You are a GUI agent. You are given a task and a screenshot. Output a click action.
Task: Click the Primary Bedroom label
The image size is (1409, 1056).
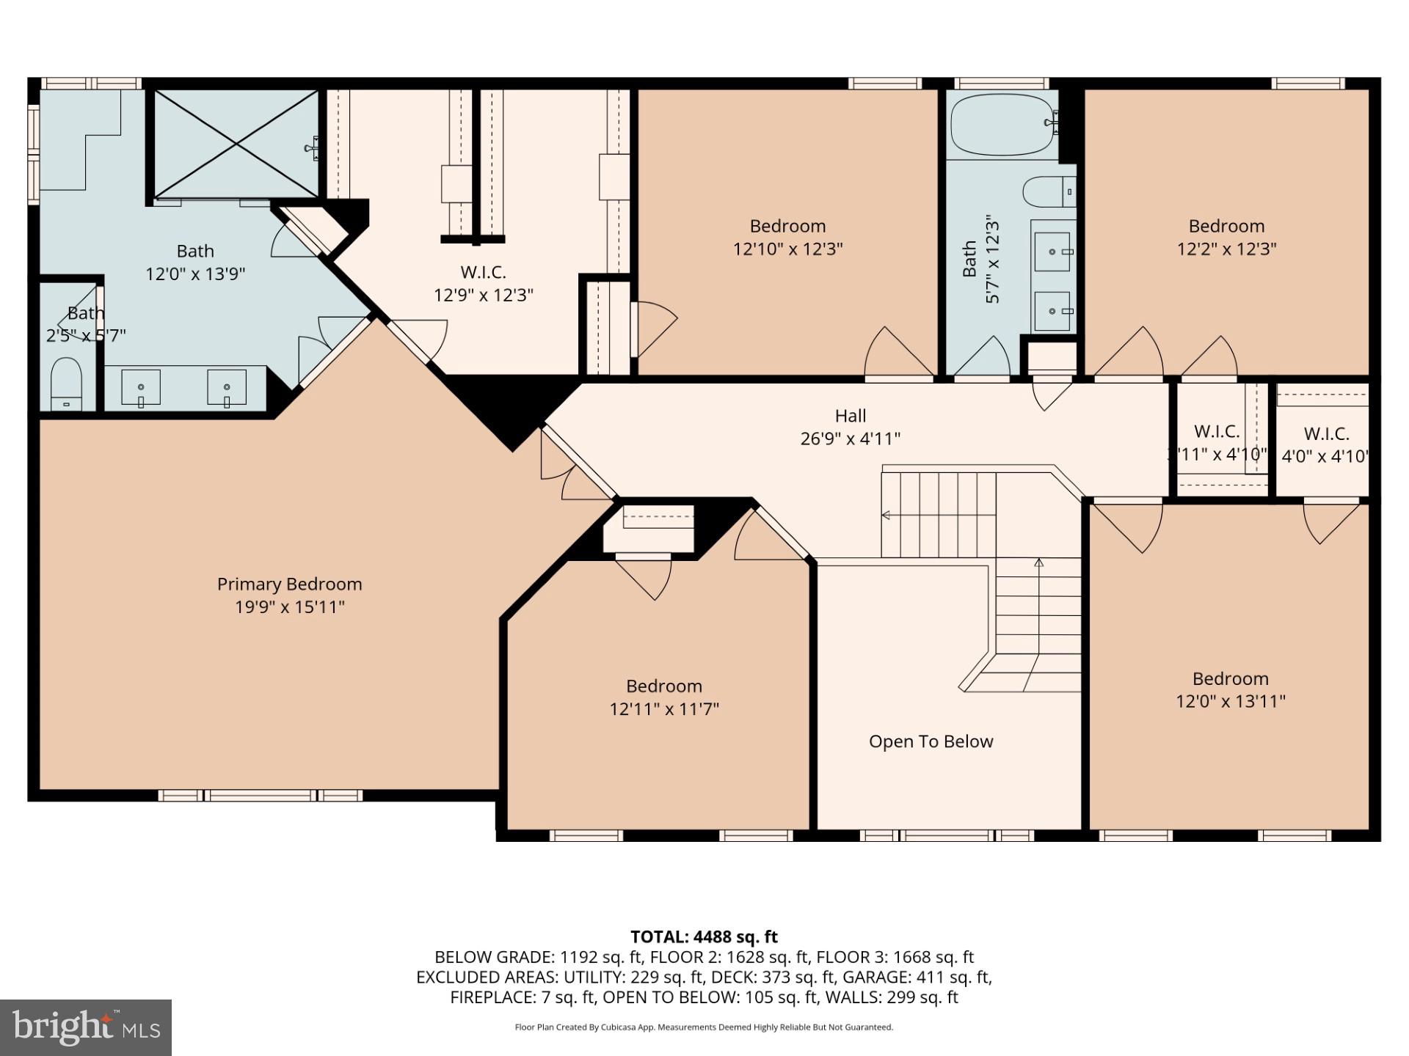tap(289, 584)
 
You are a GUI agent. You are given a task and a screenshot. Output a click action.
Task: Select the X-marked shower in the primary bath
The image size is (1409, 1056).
tap(236, 144)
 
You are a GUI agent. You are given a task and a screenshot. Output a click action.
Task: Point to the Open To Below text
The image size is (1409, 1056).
tap(931, 741)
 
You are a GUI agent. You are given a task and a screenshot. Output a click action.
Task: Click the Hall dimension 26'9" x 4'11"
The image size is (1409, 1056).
tap(850, 439)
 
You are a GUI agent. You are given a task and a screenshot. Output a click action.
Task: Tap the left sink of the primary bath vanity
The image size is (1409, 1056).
tap(140, 387)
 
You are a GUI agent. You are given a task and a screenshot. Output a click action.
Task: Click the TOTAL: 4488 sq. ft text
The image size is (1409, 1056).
tap(704, 936)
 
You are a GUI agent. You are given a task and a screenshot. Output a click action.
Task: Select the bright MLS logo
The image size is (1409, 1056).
tap(86, 1027)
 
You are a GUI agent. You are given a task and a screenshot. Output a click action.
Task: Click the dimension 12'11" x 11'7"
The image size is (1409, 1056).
tap(663, 709)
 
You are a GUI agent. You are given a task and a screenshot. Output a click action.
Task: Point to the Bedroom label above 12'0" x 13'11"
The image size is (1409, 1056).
tap(1230, 678)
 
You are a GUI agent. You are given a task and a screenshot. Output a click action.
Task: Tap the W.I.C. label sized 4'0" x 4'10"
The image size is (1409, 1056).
tap(1326, 433)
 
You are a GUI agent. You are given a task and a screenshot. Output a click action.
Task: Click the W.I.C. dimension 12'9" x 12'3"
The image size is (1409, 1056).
tap(483, 295)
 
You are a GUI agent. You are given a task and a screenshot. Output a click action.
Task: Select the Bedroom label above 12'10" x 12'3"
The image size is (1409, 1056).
tap(787, 226)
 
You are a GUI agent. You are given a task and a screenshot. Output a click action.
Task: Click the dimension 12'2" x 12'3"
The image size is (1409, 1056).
tap(1226, 249)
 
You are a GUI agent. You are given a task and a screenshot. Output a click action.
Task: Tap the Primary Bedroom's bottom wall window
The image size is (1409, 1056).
tap(261, 796)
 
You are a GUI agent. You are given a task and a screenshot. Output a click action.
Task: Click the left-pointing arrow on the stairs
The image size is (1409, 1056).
tap(886, 516)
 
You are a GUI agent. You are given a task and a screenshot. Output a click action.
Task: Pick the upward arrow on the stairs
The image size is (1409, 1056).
tap(1038, 563)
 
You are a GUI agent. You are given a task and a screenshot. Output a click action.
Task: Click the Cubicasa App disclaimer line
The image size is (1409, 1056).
tap(704, 1027)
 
